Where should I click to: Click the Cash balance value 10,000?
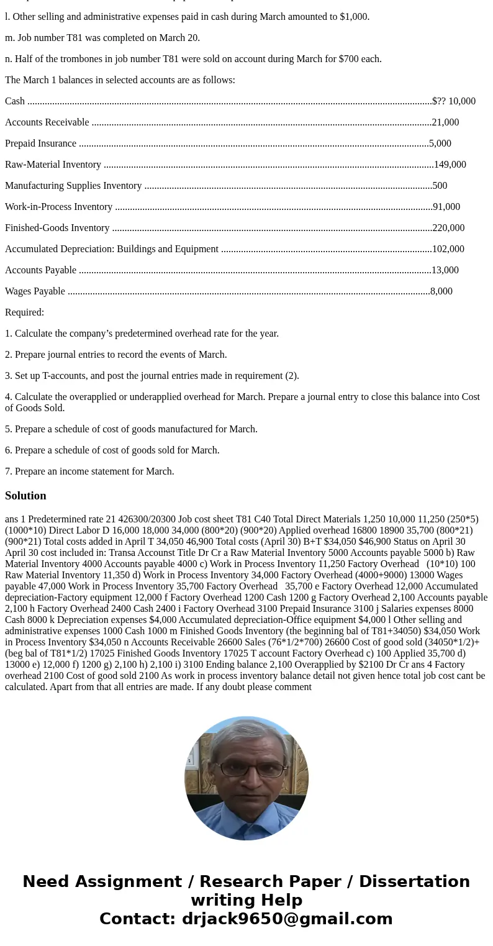coord(462,101)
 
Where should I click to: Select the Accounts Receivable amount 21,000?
coord(445,122)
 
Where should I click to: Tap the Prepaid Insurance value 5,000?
coord(440,143)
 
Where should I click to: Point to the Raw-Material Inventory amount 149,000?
coord(450,165)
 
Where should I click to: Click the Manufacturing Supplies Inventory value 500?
coord(440,186)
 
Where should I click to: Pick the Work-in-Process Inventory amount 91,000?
coord(446,207)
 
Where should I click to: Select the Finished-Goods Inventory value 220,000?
coord(448,228)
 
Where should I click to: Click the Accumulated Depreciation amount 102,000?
coord(448,249)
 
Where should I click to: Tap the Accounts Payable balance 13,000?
coord(445,270)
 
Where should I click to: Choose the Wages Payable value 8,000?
coord(441,291)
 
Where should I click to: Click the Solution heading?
coord(25,496)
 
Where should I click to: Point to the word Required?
coord(24,312)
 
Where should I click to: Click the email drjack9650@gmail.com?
coord(287,919)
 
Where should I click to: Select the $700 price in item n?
coord(350,59)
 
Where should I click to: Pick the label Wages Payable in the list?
coord(35,291)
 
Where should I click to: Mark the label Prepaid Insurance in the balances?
coord(40,143)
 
